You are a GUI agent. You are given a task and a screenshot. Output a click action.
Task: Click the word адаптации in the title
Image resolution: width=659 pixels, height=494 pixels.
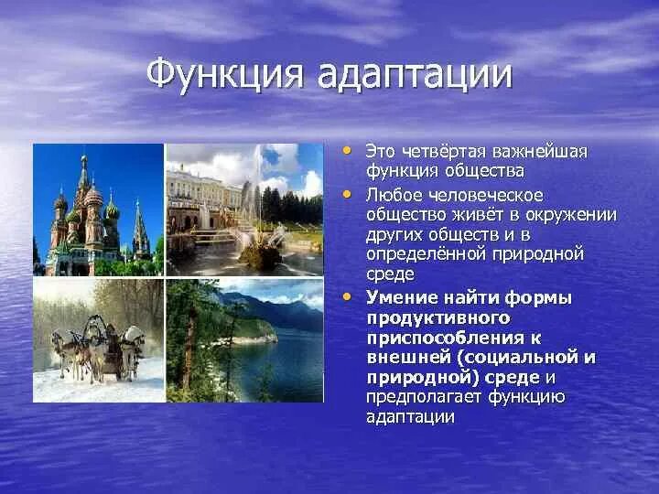click(415, 76)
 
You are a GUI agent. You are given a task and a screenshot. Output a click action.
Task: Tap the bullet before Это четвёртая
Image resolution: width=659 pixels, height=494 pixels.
click(347, 150)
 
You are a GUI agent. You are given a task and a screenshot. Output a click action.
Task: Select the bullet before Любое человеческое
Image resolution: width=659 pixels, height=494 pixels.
click(347, 195)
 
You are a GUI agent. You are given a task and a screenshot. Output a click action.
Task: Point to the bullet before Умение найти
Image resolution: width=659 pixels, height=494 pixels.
click(347, 297)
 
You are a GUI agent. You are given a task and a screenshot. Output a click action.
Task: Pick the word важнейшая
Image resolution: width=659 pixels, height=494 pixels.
click(540, 152)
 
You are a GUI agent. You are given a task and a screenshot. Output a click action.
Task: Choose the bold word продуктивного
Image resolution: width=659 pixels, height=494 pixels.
click(438, 319)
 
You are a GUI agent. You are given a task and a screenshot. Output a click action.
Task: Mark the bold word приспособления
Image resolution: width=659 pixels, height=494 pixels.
click(446, 338)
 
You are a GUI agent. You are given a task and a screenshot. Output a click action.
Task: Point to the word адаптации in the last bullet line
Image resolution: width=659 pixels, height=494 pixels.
click(410, 417)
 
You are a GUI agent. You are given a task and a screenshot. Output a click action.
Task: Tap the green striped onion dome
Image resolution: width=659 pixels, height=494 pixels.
click(113, 211)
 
